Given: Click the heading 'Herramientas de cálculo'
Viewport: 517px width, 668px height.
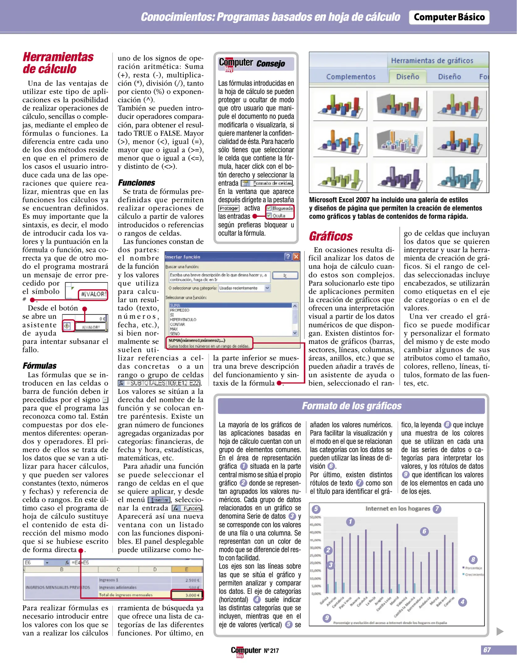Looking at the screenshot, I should [x=58, y=63].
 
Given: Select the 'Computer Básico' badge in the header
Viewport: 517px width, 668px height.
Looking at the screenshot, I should [x=449, y=17].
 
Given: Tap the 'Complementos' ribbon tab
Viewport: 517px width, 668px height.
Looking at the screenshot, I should [x=351, y=77].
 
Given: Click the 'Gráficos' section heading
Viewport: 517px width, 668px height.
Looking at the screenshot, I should [x=331, y=236].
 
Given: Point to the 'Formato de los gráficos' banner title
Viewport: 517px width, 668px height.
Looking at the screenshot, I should [x=352, y=406].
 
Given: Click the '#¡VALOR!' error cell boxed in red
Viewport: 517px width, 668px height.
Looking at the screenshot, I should [x=93, y=294].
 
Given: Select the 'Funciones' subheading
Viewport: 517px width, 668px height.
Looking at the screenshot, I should [x=136, y=183].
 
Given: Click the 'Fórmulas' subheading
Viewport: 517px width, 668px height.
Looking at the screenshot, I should [x=40, y=366].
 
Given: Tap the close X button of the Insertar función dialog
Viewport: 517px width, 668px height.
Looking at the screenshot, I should [x=296, y=257].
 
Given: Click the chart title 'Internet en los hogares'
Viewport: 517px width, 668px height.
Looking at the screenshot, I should [x=397, y=509].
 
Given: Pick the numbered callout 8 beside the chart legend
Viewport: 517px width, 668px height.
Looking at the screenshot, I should [x=473, y=559].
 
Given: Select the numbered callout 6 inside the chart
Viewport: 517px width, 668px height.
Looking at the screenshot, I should [x=424, y=531].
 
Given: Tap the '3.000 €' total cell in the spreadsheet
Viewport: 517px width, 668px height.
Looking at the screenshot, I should [x=187, y=595].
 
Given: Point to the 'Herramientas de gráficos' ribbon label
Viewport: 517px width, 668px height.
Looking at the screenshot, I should [x=432, y=61].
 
